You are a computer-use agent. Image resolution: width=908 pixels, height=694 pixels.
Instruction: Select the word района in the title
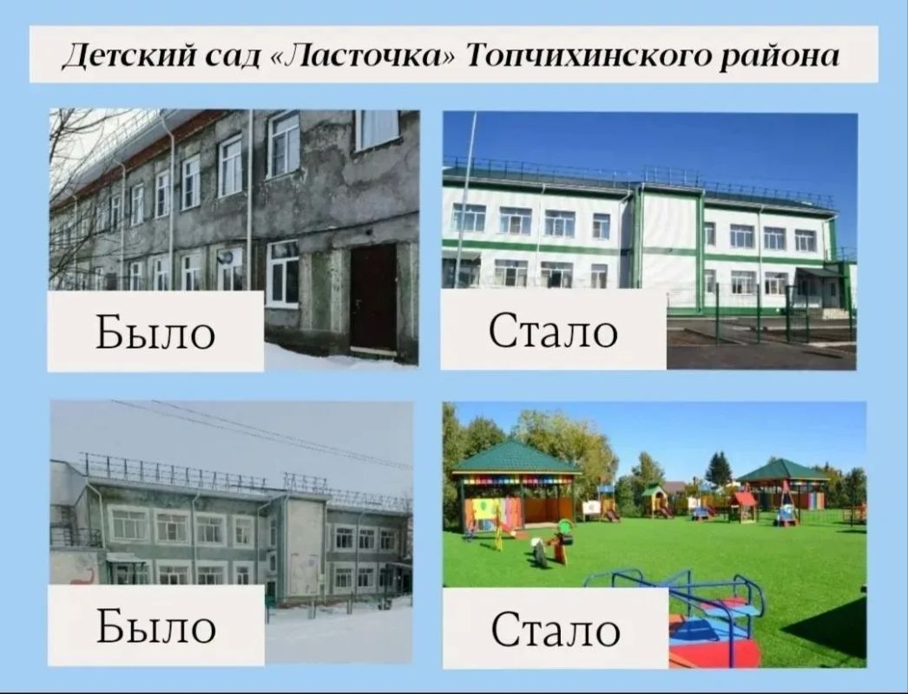coord(779,57)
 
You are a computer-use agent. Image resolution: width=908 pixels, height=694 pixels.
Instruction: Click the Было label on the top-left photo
coord(155,332)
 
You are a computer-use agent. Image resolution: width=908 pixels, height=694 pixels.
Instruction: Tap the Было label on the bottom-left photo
coord(155,626)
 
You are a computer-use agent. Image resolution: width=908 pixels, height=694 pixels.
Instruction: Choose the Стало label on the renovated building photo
coord(553,331)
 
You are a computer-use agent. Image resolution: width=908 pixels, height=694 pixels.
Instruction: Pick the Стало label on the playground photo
coord(556,629)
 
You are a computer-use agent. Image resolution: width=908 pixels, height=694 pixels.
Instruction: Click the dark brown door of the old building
coord(373,298)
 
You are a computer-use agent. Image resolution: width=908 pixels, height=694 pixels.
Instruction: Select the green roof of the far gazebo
coord(783,470)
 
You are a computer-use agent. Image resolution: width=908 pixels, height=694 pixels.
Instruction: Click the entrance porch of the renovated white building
coord(820,290)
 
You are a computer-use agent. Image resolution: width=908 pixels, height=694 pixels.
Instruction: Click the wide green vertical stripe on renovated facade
coord(701,250)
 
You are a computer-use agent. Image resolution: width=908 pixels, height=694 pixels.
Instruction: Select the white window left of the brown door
coord(283,274)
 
